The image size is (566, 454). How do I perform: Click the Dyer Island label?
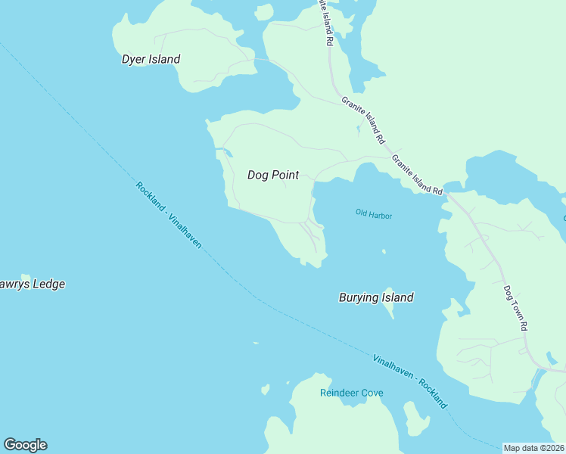(x=151, y=59)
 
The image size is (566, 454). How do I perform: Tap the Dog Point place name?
(x=273, y=175)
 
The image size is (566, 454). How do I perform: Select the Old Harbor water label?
(x=374, y=214)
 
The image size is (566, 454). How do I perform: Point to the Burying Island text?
(x=375, y=297)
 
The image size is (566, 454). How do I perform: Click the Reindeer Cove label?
(x=351, y=393)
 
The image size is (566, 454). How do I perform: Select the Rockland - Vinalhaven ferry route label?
(x=169, y=216)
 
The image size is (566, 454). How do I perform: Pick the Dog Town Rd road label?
(x=516, y=306)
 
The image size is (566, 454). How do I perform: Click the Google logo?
(x=25, y=445)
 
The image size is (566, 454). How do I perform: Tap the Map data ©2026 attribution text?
(x=533, y=448)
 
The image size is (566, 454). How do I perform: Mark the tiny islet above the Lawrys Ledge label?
(x=25, y=277)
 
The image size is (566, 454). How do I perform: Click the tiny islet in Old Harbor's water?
(x=384, y=252)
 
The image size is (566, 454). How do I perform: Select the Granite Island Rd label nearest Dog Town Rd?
(x=416, y=175)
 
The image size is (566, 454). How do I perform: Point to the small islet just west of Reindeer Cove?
(x=265, y=390)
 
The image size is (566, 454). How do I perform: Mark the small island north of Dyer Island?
(x=263, y=11)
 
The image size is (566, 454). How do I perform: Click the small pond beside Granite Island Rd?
(x=358, y=129)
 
